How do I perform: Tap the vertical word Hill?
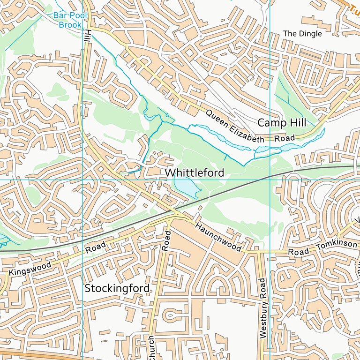coord(87,36)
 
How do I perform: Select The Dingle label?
coord(303,34)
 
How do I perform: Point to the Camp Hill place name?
coord(281,123)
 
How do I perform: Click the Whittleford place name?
coord(194,173)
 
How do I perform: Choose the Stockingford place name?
coord(117,288)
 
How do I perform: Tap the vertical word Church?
coord(151,348)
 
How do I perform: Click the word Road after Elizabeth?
coord(285,138)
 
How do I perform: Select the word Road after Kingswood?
coord(95,247)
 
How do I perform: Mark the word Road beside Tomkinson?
coord(299,252)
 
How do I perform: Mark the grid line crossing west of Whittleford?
coord(82,180)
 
